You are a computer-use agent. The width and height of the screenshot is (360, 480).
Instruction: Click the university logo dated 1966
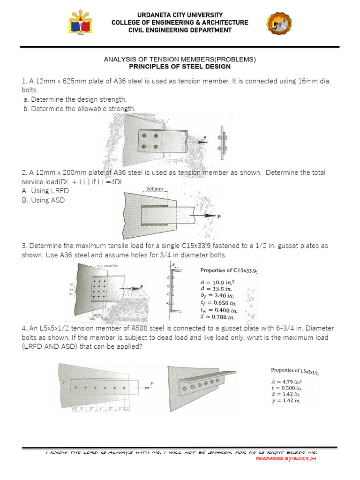(80, 24)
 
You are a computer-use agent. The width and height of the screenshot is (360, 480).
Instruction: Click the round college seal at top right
(279, 24)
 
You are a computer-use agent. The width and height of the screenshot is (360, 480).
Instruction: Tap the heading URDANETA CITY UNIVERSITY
(180, 15)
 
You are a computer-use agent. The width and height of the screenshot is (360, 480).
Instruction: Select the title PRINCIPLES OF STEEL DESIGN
(180, 67)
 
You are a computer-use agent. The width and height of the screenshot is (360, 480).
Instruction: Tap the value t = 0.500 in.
(286, 388)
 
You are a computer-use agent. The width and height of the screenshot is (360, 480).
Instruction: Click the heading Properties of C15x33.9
(229, 270)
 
